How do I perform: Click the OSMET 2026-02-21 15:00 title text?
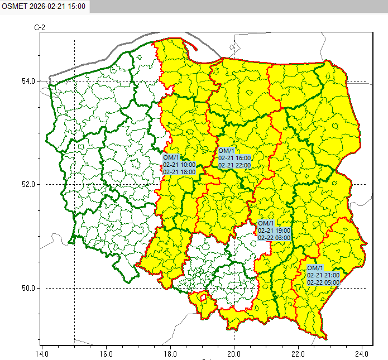44,6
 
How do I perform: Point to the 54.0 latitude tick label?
28,81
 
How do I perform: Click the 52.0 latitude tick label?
28,184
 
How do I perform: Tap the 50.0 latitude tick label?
28,288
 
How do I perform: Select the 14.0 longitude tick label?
42,353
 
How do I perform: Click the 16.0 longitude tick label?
106,353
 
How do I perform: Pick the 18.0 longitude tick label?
170,353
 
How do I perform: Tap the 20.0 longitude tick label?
234,353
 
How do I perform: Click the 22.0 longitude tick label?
298,353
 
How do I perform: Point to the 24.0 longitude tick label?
362,353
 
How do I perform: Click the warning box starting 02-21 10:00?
179,165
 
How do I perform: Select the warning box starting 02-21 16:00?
234,158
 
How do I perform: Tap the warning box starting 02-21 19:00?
274,231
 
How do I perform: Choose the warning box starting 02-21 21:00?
323,275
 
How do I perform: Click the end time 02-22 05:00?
323,282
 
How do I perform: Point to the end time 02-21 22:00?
234,165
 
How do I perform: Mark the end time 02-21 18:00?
179,172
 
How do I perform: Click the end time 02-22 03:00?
274,238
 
